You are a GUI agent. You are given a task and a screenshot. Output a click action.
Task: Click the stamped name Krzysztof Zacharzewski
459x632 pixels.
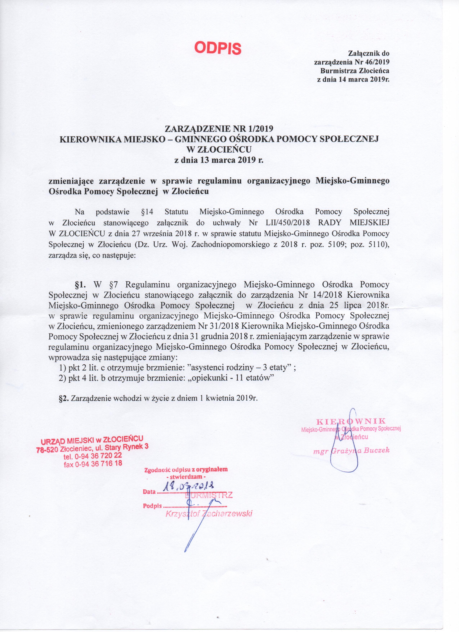click(x=209, y=514)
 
